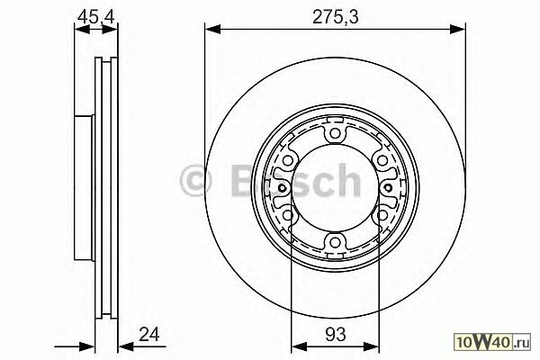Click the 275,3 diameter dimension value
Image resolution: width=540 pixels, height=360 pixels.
click(336, 17)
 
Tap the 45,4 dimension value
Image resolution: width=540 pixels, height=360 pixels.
click(95, 16)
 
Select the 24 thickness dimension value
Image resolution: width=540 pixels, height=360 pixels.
click(149, 334)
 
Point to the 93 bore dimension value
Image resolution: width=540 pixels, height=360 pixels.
click(335, 334)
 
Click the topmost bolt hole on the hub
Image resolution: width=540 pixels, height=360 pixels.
click(335, 133)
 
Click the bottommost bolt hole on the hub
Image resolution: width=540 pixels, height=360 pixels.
click(335, 242)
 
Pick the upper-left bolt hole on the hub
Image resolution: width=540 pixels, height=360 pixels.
click(288, 160)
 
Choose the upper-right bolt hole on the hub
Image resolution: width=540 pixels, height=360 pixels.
click(382, 160)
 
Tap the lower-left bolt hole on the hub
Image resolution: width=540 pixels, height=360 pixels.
click(288, 215)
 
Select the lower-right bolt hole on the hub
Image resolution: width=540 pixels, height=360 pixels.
click(382, 215)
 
